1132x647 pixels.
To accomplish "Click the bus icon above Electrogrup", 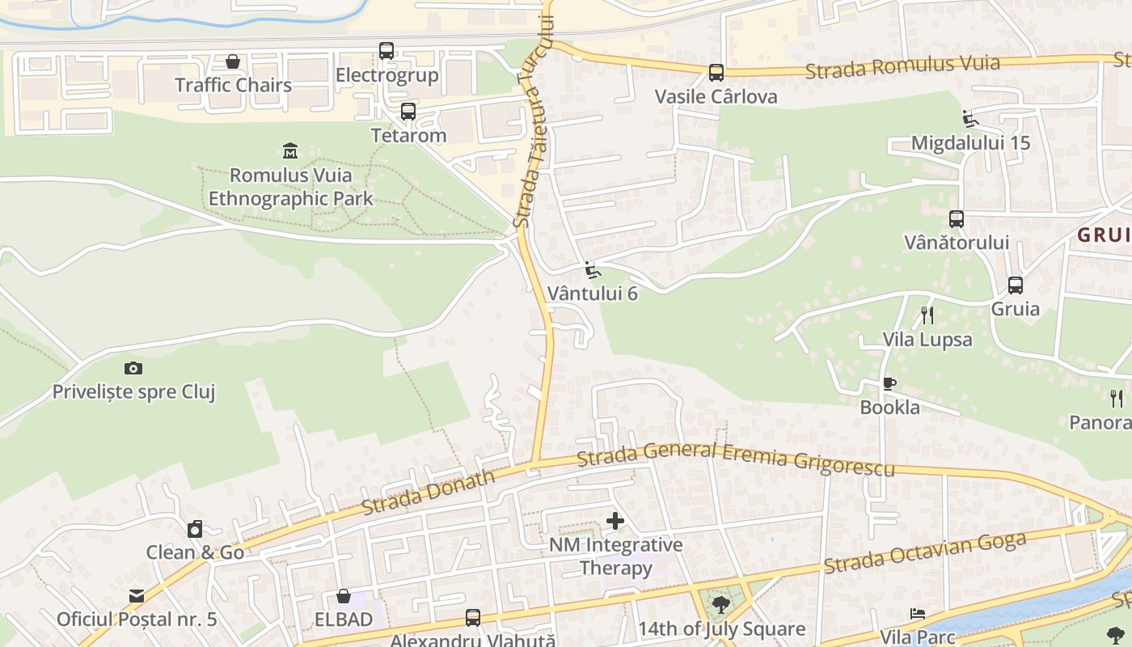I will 386,51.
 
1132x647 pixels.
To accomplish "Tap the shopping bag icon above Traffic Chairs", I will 233,61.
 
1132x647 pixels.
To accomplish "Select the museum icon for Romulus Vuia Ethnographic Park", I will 290,150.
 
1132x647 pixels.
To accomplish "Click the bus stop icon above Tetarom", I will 408,112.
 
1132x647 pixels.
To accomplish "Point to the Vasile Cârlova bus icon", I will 716,73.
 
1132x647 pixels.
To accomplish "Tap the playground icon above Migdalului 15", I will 970,119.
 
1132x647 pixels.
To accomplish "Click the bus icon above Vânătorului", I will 957,218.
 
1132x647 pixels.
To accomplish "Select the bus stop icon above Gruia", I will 1016,285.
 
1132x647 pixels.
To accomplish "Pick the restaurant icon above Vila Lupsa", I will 927,315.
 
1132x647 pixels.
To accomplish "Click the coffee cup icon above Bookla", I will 889,383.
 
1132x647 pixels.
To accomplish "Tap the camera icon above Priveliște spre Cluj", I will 133,369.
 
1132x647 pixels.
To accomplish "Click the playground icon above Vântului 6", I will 593,269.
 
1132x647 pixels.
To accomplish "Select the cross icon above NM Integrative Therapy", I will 615,521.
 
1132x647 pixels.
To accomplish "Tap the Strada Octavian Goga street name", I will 925,552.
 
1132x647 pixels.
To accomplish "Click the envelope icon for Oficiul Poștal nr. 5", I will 136,596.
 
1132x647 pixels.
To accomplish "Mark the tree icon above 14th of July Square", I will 720,604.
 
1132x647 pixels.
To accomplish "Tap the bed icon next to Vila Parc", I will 917,614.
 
